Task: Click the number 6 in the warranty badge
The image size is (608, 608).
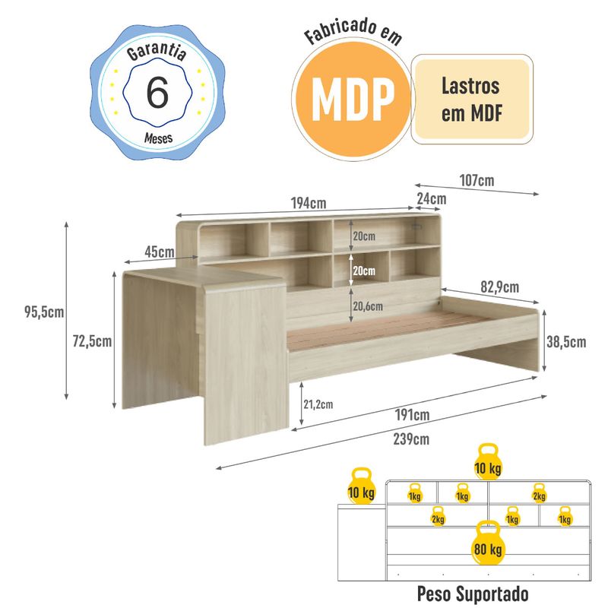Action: (x=157, y=92)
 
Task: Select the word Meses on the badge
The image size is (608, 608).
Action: (x=158, y=138)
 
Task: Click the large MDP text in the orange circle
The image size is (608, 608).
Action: (x=353, y=99)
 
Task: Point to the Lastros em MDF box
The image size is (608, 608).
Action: (x=472, y=100)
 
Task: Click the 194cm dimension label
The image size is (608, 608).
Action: (x=309, y=203)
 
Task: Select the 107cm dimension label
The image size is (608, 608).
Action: (x=477, y=181)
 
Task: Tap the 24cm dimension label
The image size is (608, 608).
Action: (x=432, y=199)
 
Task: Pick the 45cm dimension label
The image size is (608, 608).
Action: (x=160, y=252)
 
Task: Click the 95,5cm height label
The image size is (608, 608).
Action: (x=44, y=312)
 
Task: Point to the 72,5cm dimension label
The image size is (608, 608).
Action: (x=92, y=341)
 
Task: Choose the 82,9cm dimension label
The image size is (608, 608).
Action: (x=500, y=287)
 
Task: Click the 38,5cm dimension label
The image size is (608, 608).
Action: (x=566, y=342)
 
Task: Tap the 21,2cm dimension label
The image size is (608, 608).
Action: (x=318, y=404)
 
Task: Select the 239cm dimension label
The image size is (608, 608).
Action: (x=411, y=439)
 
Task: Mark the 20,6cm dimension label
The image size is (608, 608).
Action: (x=368, y=306)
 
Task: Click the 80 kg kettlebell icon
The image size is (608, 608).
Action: (x=488, y=543)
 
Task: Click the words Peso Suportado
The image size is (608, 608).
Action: (x=473, y=594)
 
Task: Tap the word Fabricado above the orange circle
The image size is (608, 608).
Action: (x=340, y=30)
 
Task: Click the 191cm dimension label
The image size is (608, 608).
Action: (x=412, y=415)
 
